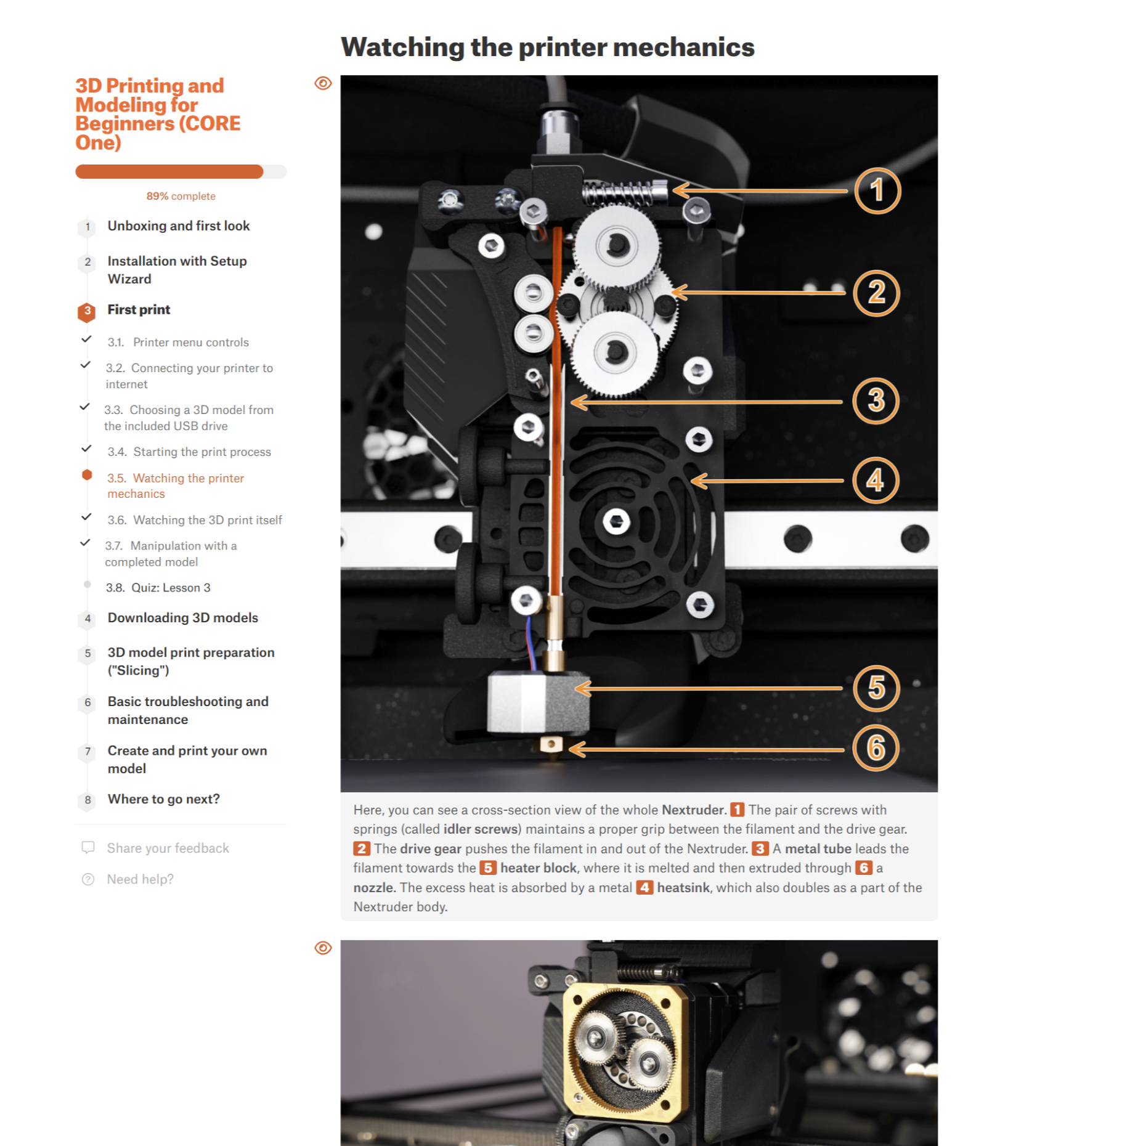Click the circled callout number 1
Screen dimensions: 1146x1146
point(877,190)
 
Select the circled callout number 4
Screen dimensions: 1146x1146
point(875,480)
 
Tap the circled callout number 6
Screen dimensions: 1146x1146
point(876,748)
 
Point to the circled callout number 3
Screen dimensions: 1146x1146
point(876,400)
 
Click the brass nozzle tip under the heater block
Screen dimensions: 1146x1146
point(550,744)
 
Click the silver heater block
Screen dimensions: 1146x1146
point(537,702)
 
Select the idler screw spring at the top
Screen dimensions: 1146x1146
point(624,193)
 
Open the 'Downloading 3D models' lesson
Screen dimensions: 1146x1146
point(182,617)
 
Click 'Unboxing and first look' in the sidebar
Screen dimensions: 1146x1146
point(178,226)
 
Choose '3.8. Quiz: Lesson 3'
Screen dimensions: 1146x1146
point(158,587)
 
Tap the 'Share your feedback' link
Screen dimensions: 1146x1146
point(168,848)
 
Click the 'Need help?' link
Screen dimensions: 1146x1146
point(140,879)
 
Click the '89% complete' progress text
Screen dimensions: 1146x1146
point(181,196)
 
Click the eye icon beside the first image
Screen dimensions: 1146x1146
point(323,83)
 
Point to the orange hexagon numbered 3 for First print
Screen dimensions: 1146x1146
point(87,312)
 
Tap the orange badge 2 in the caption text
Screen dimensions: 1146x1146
point(361,848)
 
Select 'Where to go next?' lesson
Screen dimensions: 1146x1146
point(163,799)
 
